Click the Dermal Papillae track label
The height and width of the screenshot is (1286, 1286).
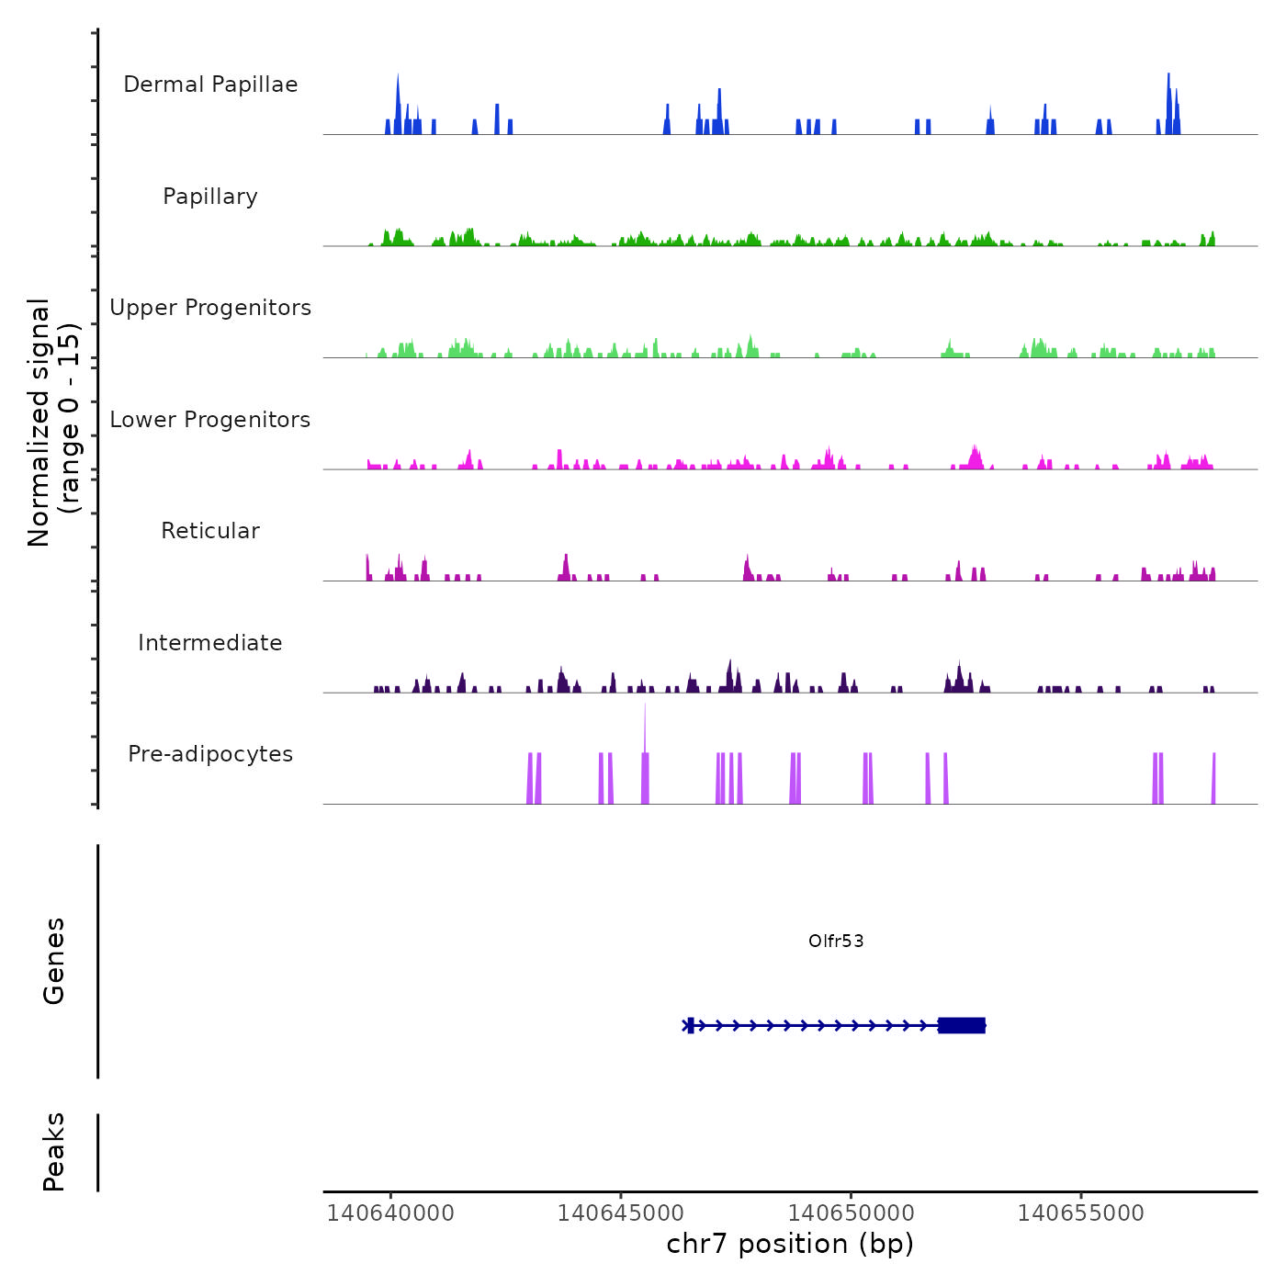pyautogui.click(x=210, y=85)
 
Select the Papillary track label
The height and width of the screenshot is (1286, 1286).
pyautogui.click(x=210, y=197)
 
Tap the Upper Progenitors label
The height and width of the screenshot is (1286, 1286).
pyautogui.click(x=210, y=308)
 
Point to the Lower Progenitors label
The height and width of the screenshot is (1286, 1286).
pyautogui.click(x=210, y=420)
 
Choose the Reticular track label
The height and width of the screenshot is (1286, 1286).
pyautogui.click(x=210, y=531)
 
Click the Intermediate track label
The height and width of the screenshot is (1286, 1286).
pyautogui.click(x=210, y=643)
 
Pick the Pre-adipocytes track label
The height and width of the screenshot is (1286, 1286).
pyautogui.click(x=210, y=754)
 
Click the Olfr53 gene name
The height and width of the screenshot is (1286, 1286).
pyautogui.click(x=836, y=941)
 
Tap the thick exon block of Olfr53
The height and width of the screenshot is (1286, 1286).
pyautogui.click(x=962, y=1025)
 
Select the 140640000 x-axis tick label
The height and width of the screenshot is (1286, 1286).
pyautogui.click(x=390, y=1213)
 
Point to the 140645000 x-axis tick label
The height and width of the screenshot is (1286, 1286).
pyautogui.click(x=621, y=1213)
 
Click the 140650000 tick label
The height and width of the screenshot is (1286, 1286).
pyautogui.click(x=851, y=1213)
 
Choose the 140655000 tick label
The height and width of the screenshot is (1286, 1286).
pyautogui.click(x=1081, y=1213)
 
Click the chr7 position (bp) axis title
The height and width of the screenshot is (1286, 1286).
pyautogui.click(x=790, y=1244)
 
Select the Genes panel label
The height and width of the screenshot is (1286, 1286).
pyautogui.click(x=54, y=961)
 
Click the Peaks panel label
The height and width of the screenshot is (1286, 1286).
pyautogui.click(x=54, y=1152)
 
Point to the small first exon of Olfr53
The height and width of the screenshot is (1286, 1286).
pyautogui.click(x=691, y=1025)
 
